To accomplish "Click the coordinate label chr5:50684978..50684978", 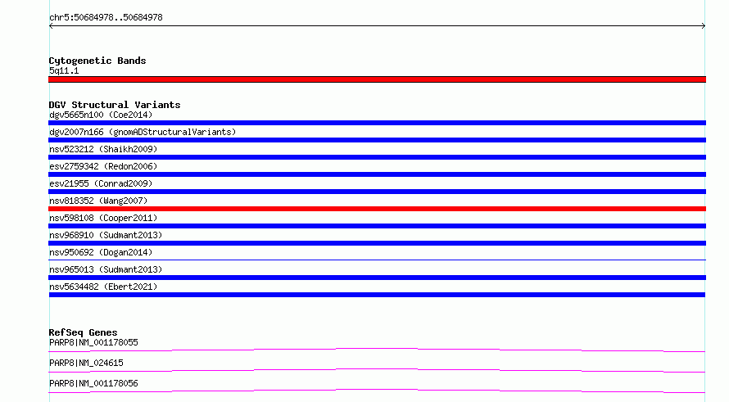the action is (x=106, y=18).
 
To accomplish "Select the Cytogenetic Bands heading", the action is (x=97, y=61).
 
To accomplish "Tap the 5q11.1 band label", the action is (x=64, y=70).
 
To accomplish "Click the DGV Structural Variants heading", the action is (x=115, y=105).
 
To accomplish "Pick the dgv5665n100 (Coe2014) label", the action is (x=101, y=115).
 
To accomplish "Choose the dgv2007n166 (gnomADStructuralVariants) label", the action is (x=143, y=132).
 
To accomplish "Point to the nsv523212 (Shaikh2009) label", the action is (x=103, y=149).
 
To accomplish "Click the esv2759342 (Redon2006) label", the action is (x=103, y=166).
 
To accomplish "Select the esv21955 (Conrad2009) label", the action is (x=101, y=183).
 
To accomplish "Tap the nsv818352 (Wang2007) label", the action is (x=98, y=201).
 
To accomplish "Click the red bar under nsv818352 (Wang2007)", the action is (x=377, y=209).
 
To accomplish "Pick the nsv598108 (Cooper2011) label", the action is (x=103, y=218).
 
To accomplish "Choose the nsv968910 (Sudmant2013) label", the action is (x=106, y=235).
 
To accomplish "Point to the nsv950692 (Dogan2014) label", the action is (x=101, y=252).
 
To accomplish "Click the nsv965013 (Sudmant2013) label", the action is (x=106, y=269).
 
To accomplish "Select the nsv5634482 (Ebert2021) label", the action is (x=103, y=287).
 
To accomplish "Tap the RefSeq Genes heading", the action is (x=84, y=332).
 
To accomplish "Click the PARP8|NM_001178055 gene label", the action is (x=93, y=342).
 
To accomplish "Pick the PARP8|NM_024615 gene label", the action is (x=86, y=363).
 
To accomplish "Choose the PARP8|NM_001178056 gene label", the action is (x=93, y=383).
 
